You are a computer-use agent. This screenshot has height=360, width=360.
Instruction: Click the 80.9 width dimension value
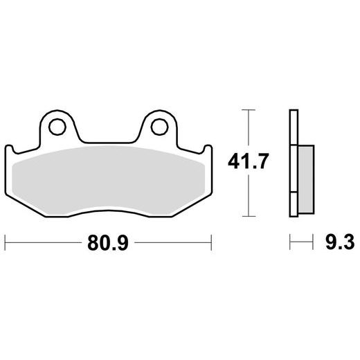[108, 243]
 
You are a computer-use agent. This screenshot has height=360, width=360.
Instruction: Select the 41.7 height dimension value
[249, 161]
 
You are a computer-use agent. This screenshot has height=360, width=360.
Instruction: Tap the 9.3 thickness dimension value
[340, 242]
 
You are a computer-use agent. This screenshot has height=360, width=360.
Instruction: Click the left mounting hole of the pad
[57, 127]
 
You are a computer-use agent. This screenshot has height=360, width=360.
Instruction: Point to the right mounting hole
[159, 127]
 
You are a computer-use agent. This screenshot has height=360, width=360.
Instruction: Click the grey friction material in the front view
[108, 179]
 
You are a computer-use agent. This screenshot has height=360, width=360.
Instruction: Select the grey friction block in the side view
[306, 179]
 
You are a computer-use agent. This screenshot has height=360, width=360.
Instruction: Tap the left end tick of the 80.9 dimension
[5, 242]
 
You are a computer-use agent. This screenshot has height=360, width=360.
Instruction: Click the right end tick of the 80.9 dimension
[211, 242]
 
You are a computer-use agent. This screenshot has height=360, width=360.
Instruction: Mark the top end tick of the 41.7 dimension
[249, 110]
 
